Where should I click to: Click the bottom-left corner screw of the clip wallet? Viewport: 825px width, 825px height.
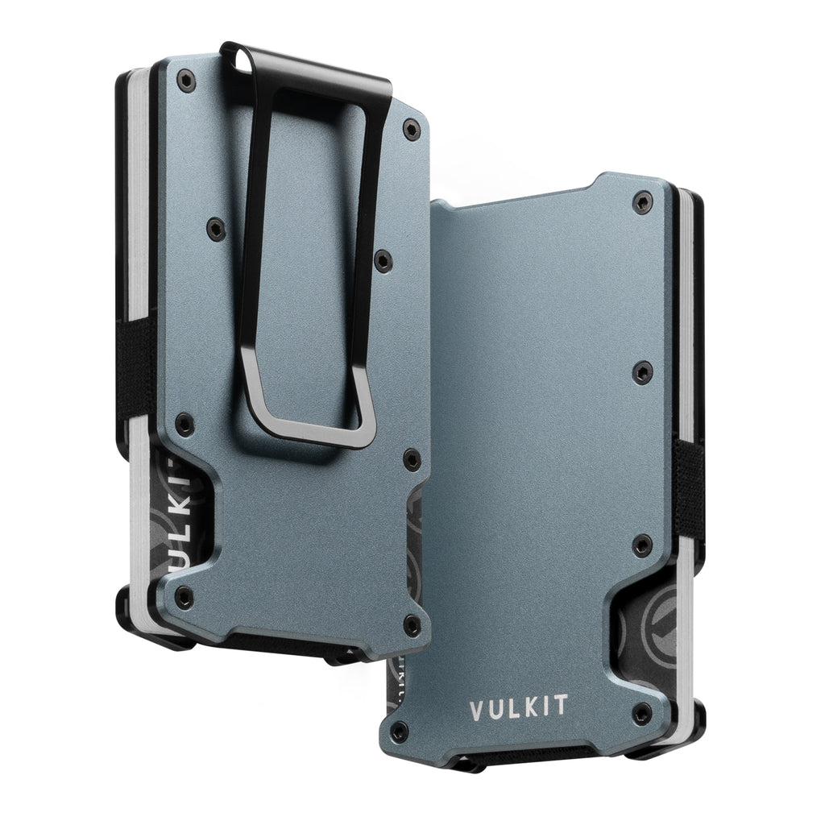click(186, 595)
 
